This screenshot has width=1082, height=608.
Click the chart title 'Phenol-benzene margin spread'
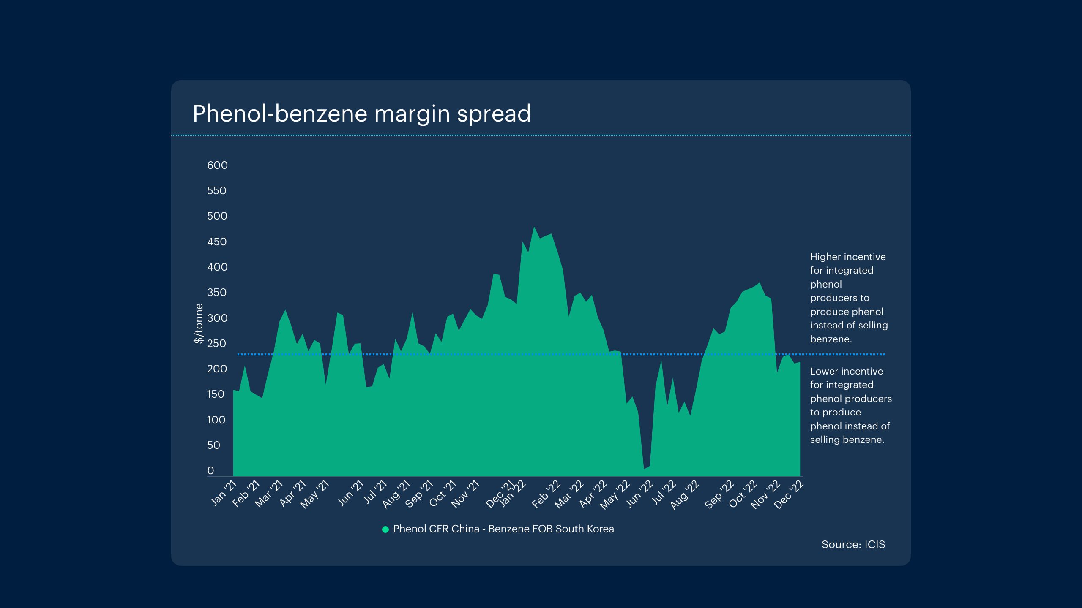[361, 114]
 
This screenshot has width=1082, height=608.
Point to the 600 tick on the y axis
[217, 165]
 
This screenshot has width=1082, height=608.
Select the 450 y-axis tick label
[217, 242]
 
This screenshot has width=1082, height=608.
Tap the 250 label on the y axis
[216, 343]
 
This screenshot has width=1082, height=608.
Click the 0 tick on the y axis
[210, 470]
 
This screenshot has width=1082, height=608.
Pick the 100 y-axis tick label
[216, 420]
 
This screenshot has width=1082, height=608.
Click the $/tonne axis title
[198, 323]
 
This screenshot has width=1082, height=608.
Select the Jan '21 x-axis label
[224, 492]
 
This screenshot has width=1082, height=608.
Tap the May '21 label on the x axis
[314, 494]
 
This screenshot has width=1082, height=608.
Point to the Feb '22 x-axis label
[546, 494]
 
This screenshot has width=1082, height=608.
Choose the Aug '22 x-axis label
[685, 494]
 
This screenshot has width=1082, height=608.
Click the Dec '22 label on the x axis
[788, 494]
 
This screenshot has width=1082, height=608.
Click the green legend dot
[385, 529]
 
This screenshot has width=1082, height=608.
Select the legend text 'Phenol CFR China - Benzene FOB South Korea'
[503, 529]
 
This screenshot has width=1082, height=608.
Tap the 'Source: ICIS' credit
[853, 545]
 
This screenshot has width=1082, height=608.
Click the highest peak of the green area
[534, 228]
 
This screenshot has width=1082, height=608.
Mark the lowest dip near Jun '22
[644, 468]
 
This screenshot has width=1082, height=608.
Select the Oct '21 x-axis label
[443, 493]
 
